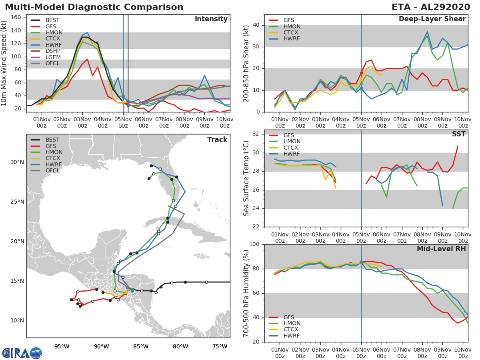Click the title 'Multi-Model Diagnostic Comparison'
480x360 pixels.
pyautogui.click(x=94, y=7)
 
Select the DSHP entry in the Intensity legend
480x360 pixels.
pyautogui.click(x=53, y=51)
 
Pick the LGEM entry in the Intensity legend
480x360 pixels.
pyautogui.click(x=53, y=57)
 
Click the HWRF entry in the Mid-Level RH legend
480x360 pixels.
pyautogui.click(x=291, y=336)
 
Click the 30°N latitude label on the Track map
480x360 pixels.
pyautogui.click(x=17, y=162)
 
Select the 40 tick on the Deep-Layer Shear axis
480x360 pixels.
pyautogui.click(x=256, y=25)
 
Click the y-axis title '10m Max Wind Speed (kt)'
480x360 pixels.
pyautogui.click(x=5, y=64)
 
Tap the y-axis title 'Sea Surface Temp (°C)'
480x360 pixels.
pyautogui.click(x=246, y=178)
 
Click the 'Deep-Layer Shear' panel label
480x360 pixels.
pyautogui.click(x=432, y=19)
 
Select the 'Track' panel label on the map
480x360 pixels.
pyautogui.click(x=217, y=140)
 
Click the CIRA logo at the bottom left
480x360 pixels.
pyautogui.click(x=22, y=353)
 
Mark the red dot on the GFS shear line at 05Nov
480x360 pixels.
pyautogui.click(x=361, y=73)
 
